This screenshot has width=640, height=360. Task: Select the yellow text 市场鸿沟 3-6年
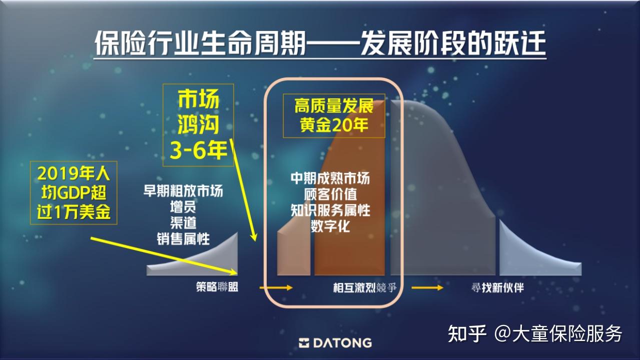[199, 125]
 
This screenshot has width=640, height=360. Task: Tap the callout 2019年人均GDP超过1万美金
[74, 192]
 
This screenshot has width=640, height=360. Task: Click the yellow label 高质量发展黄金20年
[334, 115]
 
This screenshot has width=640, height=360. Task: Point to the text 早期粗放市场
[183, 191]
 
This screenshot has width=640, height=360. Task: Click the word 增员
[183, 207]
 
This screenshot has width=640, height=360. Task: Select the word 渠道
[183, 222]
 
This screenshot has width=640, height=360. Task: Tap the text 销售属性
[183, 238]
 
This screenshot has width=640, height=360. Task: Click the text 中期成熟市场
[330, 178]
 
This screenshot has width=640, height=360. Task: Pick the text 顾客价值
[330, 194]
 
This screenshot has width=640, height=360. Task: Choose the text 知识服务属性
[330, 210]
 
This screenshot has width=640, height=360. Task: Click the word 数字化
[330, 226]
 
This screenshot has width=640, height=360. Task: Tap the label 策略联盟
[217, 287]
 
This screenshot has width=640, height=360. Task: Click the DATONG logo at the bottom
[335, 343]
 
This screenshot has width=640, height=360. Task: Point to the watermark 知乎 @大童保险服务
[535, 333]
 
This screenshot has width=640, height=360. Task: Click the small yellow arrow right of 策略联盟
[276, 287]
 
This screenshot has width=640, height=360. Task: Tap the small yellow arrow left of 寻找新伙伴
[427, 287]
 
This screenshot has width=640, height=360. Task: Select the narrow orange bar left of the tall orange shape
[294, 250]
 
